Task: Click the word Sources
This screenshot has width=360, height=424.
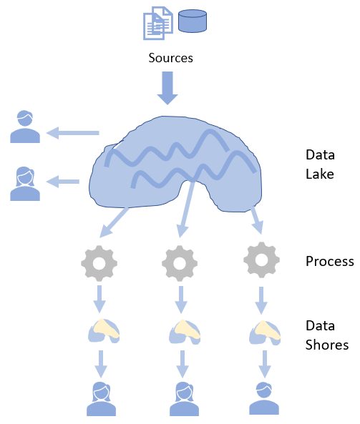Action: (x=170, y=58)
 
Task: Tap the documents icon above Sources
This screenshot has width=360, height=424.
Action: (x=158, y=24)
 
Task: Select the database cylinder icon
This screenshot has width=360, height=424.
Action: (x=193, y=21)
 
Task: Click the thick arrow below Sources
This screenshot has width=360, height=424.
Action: (x=167, y=88)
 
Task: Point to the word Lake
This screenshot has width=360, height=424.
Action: (x=320, y=174)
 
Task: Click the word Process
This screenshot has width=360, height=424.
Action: (x=330, y=262)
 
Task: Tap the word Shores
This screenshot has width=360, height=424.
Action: (x=327, y=345)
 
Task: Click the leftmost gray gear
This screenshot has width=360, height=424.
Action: (x=99, y=263)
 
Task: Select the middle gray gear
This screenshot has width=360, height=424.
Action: (x=180, y=263)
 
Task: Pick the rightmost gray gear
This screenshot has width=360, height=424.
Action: (x=261, y=260)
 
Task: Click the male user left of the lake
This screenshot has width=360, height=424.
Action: (x=25, y=127)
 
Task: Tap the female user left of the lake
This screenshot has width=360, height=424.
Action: (x=25, y=184)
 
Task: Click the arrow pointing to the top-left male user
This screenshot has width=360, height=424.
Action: (x=73, y=133)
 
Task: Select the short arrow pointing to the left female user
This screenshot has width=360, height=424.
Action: (x=63, y=182)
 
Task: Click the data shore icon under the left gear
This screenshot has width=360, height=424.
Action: (x=104, y=331)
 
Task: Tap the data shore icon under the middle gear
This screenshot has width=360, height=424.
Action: (x=185, y=332)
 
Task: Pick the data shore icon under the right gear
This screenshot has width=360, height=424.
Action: (x=265, y=332)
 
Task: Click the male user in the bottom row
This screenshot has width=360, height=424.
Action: (x=264, y=398)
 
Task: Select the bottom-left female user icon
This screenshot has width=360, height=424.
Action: (x=101, y=399)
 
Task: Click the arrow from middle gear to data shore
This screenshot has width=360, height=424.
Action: (x=181, y=300)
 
